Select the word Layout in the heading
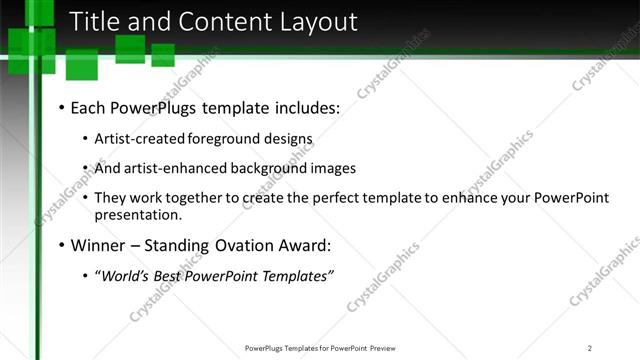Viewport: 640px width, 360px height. point(318,21)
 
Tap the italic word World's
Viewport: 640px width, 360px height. point(126,276)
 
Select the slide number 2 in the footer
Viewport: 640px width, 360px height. point(590,348)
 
